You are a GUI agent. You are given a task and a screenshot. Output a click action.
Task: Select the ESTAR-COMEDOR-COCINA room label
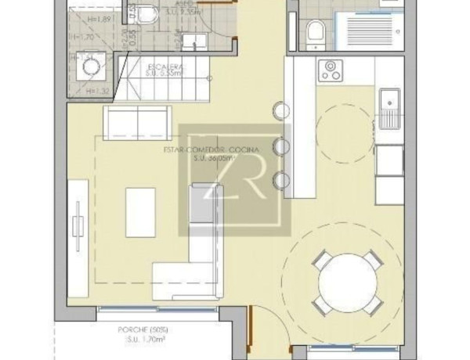click(x=204, y=149)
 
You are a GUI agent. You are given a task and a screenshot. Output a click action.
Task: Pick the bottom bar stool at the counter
click(x=280, y=182)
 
